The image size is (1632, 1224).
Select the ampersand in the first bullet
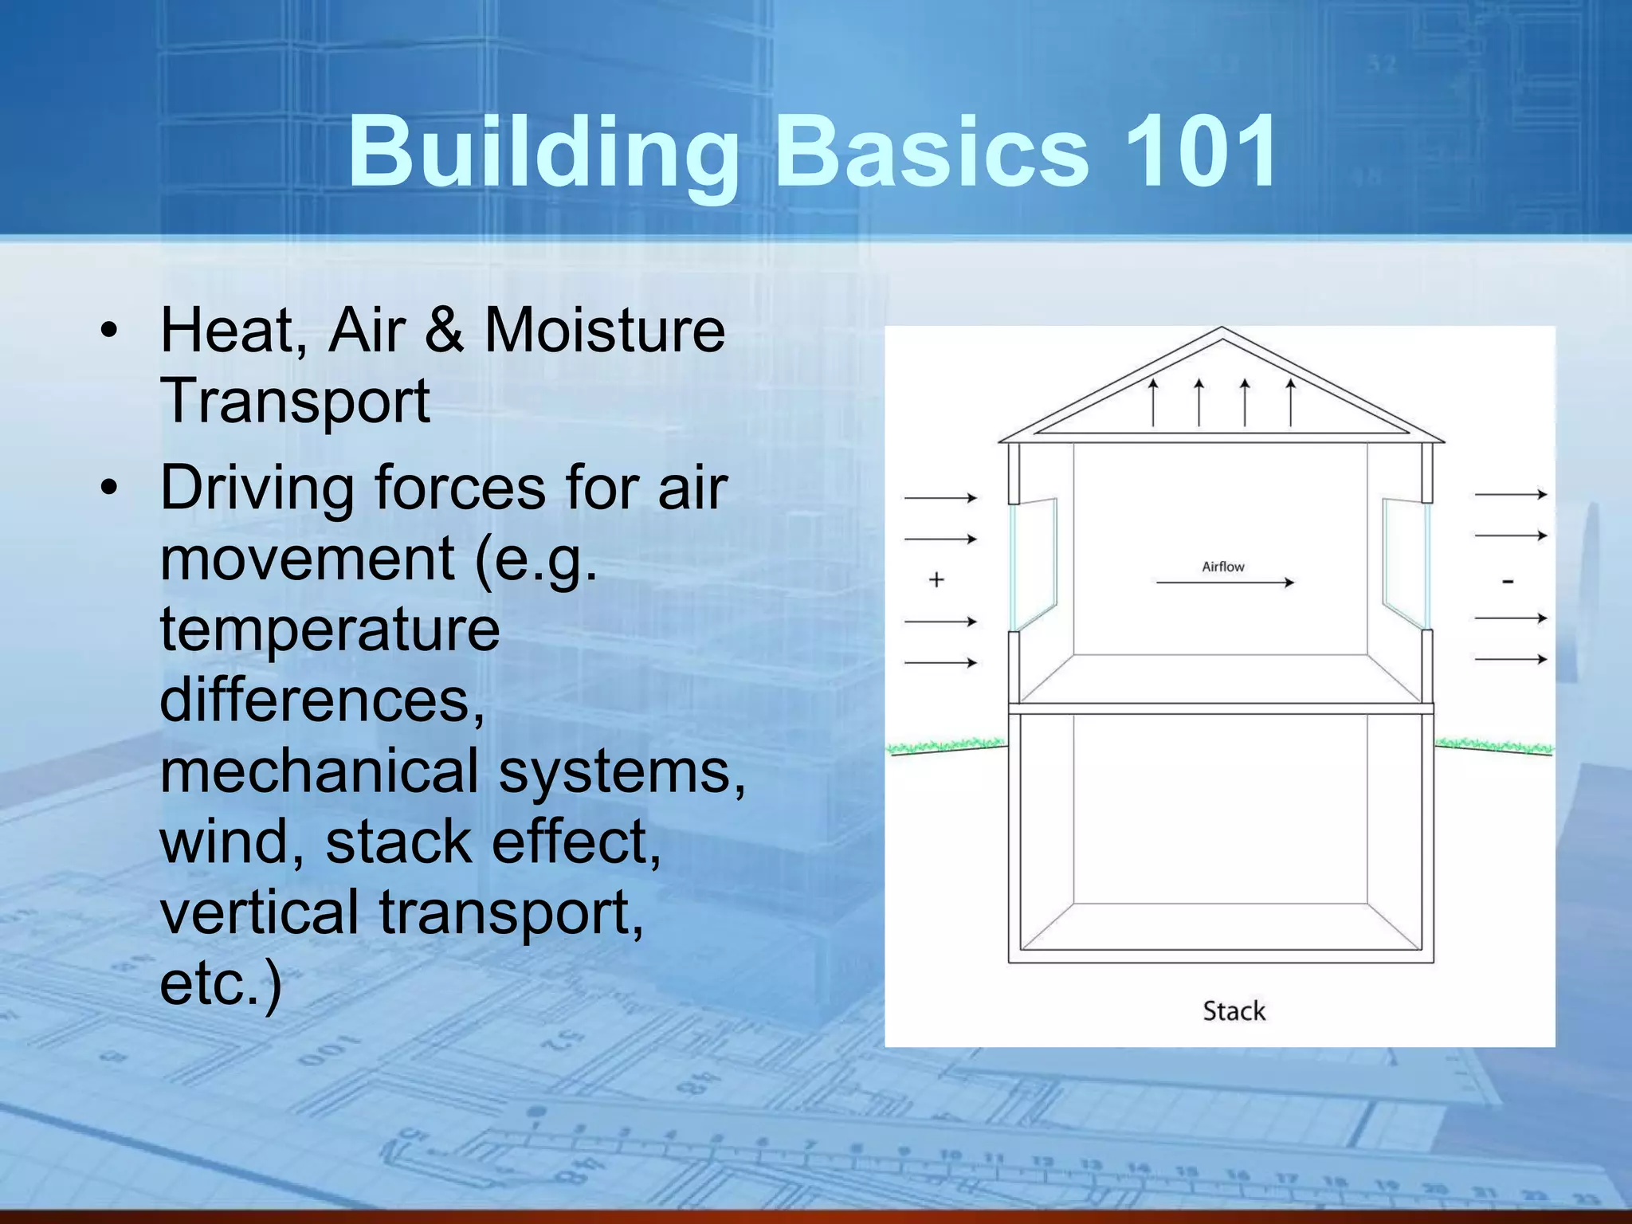(x=444, y=330)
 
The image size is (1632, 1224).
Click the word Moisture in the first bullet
(x=605, y=330)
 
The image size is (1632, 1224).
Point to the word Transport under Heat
(x=295, y=402)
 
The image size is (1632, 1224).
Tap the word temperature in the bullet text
(x=330, y=630)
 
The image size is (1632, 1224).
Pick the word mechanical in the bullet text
(x=319, y=771)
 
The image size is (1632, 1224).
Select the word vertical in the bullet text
(x=258, y=912)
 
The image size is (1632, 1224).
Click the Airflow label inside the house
(x=1222, y=567)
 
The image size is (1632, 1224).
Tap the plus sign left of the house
(x=936, y=580)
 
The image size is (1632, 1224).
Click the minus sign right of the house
(x=1508, y=582)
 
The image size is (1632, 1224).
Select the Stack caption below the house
(x=1234, y=1011)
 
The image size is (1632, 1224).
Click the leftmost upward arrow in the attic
(x=1152, y=402)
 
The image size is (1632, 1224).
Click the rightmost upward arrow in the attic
(x=1291, y=402)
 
